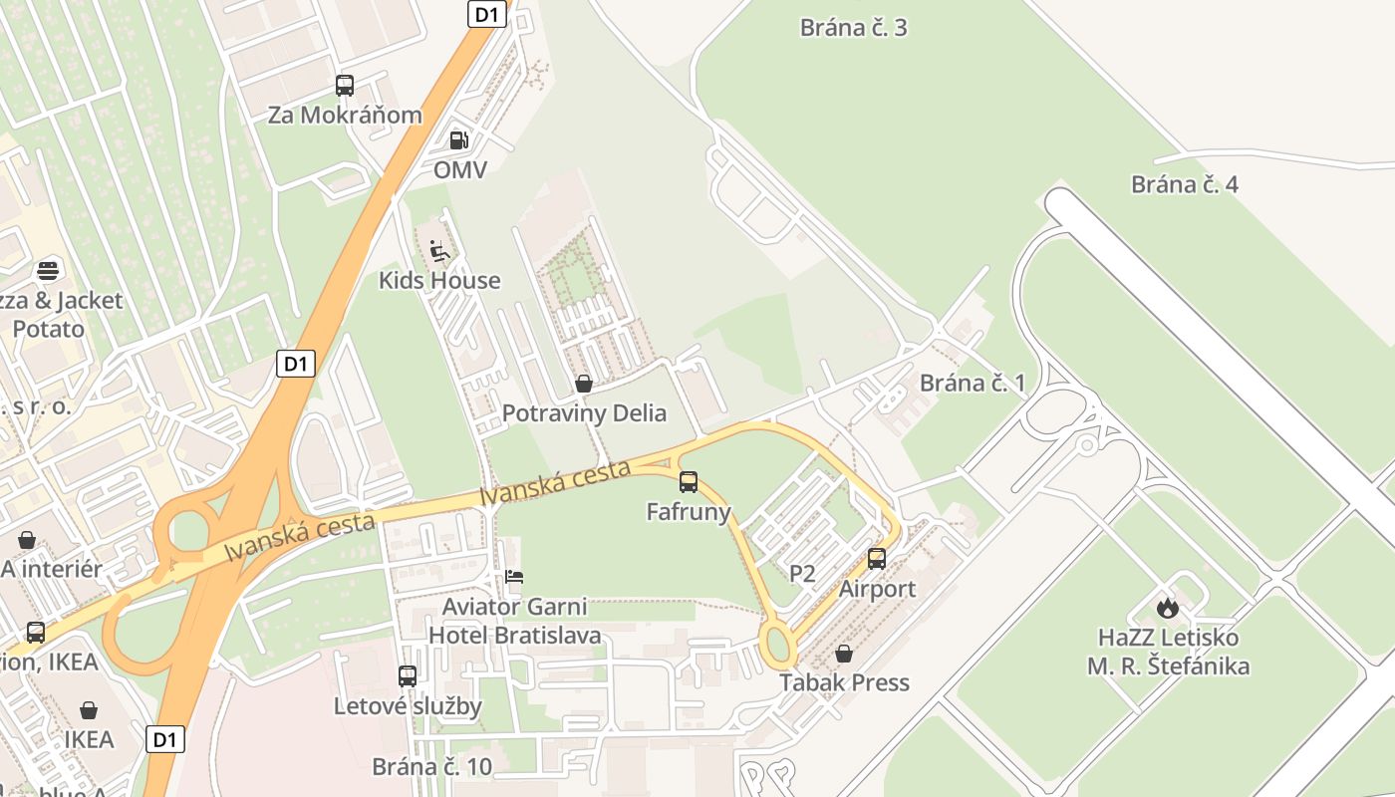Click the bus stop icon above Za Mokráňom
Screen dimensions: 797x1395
pyautogui.click(x=345, y=86)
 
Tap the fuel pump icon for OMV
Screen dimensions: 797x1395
pyautogui.click(x=458, y=140)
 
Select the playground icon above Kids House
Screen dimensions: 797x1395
pyautogui.click(x=439, y=250)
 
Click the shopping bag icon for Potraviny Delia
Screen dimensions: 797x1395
pyautogui.click(x=584, y=384)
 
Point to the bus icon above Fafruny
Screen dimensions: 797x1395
pyautogui.click(x=689, y=482)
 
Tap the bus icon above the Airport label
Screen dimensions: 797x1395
pyautogui.click(x=877, y=559)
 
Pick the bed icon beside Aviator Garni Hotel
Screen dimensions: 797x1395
pyautogui.click(x=514, y=577)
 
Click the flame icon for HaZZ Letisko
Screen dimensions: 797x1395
pyautogui.click(x=1168, y=607)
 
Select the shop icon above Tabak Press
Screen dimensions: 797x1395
pyautogui.click(x=844, y=654)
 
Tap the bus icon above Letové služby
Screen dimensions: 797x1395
pyautogui.click(x=408, y=676)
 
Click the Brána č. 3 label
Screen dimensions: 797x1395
pyautogui.click(x=854, y=27)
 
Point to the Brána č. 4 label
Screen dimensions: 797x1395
pyautogui.click(x=1185, y=184)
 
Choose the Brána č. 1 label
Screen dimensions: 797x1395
pyautogui.click(x=973, y=383)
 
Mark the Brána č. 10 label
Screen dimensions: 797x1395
pyautogui.click(x=432, y=766)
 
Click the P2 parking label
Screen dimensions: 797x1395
pyautogui.click(x=802, y=573)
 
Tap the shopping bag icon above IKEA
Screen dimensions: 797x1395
pyautogui.click(x=89, y=710)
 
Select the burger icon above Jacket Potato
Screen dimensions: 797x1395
pyautogui.click(x=48, y=270)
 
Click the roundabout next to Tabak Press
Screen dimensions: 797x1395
pyautogui.click(x=779, y=645)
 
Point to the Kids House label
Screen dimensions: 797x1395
pyautogui.click(x=439, y=280)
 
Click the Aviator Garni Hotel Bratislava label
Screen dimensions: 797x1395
pyautogui.click(x=515, y=621)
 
